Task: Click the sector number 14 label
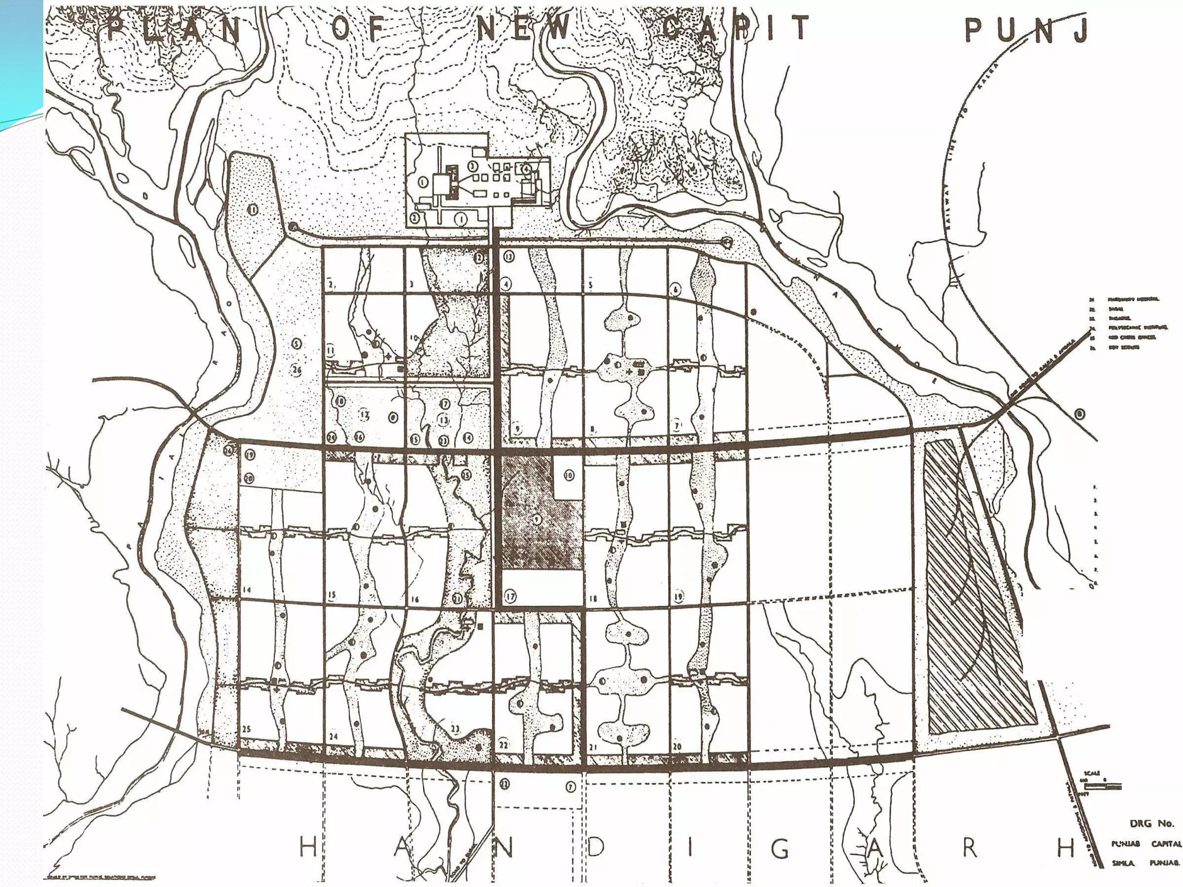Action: (x=247, y=590)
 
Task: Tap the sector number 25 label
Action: (x=247, y=729)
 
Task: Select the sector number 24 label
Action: (x=333, y=737)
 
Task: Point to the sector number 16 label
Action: (x=415, y=600)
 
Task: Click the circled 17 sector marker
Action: (x=509, y=597)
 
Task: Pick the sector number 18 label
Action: (x=593, y=599)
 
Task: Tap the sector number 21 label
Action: (x=593, y=747)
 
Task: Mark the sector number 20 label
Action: (x=677, y=747)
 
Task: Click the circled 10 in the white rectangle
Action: (x=569, y=475)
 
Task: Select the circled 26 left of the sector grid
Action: (x=296, y=370)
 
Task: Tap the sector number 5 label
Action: (x=590, y=285)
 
